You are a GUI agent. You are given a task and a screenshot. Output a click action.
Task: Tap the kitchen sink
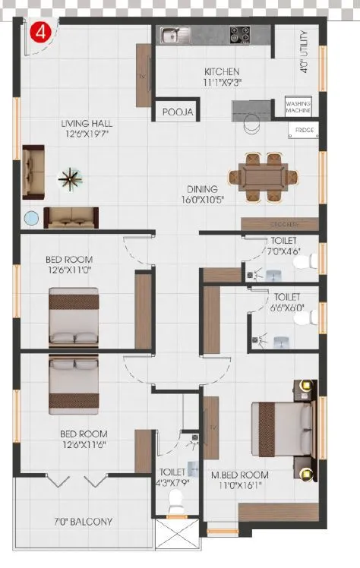pos(171,34)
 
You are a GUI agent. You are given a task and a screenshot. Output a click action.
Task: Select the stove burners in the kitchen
pos(240,34)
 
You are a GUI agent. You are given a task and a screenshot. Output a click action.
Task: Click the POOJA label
pos(178,112)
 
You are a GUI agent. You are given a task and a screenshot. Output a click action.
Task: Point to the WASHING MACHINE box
pos(299,106)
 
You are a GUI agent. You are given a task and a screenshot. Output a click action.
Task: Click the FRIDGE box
pos(303,131)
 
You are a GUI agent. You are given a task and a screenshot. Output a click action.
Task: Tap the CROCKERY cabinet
pos(279,225)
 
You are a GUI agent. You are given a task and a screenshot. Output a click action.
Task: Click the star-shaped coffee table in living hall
pos(70,179)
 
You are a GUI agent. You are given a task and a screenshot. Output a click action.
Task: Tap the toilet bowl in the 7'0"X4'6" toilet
pos(304,263)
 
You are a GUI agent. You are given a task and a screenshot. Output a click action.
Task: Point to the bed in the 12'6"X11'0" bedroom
pos(74,316)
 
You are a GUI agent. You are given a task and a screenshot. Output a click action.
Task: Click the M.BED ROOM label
pos(239,475)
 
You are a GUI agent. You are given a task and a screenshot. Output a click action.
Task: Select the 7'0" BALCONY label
pos(84,522)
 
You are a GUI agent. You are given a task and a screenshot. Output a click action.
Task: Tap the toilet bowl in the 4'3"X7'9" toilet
pos(176,500)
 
